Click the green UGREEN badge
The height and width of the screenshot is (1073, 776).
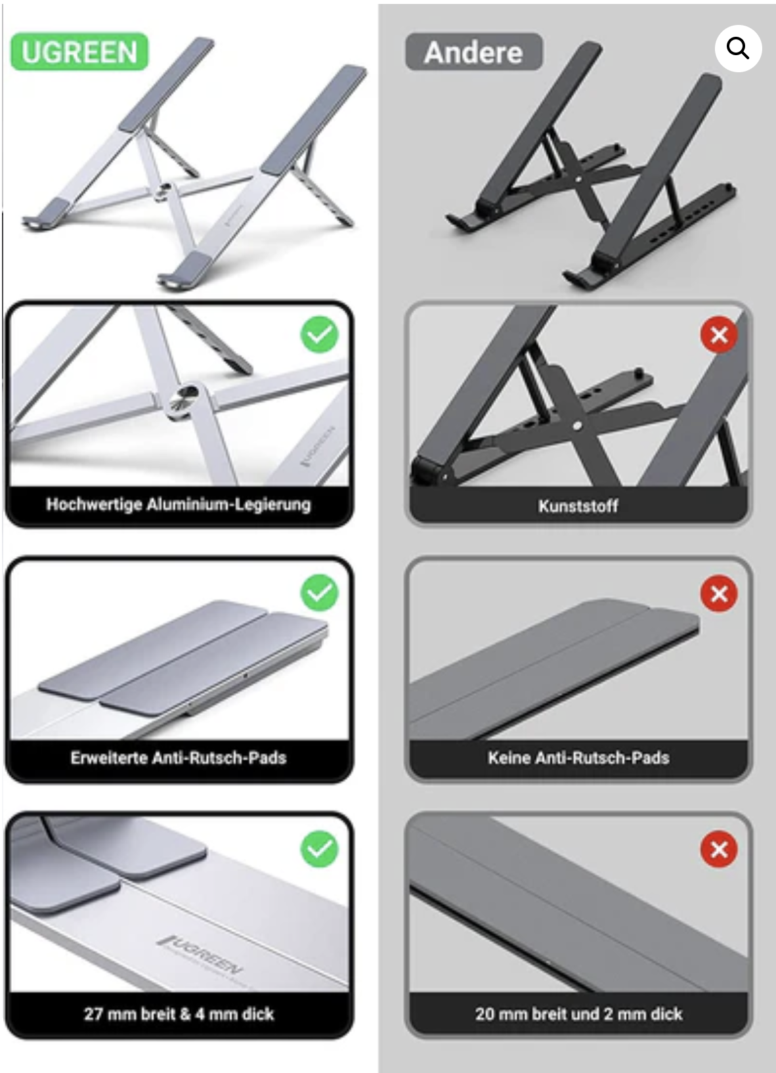[x=79, y=51]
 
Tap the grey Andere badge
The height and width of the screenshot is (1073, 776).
[x=474, y=52]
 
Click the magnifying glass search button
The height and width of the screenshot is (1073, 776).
[x=738, y=49]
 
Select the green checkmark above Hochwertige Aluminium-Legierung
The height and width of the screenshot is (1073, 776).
[x=320, y=334]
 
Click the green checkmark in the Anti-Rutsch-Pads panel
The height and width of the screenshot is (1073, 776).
[x=320, y=592]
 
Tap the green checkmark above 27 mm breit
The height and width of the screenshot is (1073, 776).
[x=320, y=849]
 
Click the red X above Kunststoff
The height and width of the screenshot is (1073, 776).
[x=719, y=335]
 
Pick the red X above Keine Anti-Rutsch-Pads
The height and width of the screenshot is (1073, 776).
[x=719, y=594]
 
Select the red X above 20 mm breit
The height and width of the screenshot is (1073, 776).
[x=719, y=849]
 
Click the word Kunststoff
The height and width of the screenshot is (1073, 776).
[x=578, y=506]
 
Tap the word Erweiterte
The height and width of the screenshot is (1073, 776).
[x=109, y=757]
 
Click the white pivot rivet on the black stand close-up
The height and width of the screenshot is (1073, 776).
[x=577, y=424]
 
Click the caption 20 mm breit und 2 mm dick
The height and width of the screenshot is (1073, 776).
[x=578, y=1014]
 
